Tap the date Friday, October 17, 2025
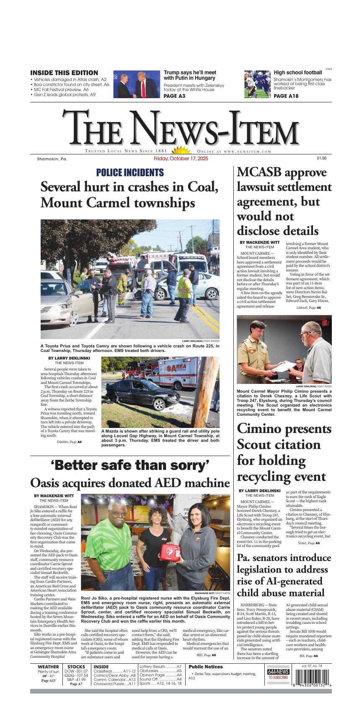coord(181,159)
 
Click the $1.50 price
coord(321,158)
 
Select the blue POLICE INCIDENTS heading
coord(130,172)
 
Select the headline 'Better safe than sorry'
coord(130,465)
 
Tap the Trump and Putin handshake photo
coord(136,84)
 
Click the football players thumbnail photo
coord(257,84)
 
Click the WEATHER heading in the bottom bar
coord(48,667)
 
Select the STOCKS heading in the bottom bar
coord(76,667)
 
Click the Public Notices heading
coord(206,667)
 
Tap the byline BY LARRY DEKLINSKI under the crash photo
coord(69,358)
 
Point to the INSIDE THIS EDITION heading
coord(64,73)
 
